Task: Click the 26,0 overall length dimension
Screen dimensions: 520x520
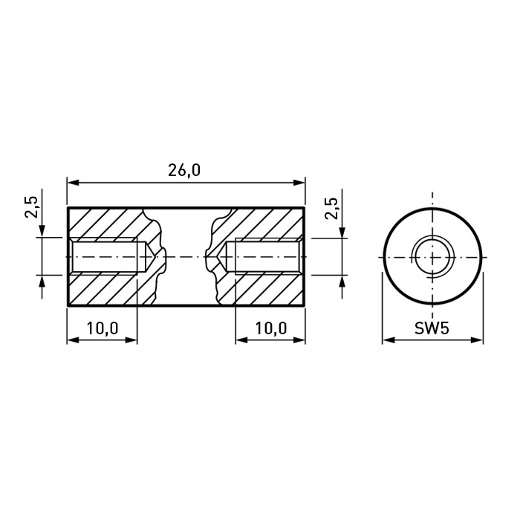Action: click(184, 170)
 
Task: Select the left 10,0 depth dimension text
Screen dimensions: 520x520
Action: click(103, 328)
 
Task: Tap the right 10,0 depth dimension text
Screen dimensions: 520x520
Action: click(271, 328)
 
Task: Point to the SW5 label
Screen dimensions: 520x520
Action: click(432, 328)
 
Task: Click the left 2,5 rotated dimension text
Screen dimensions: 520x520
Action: click(31, 207)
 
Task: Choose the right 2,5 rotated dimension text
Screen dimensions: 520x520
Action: click(331, 208)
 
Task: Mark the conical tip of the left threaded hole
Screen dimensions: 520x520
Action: click(153, 257)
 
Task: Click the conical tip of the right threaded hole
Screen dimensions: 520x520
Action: click(218, 257)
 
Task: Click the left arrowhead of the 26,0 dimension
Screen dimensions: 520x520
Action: click(73, 183)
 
